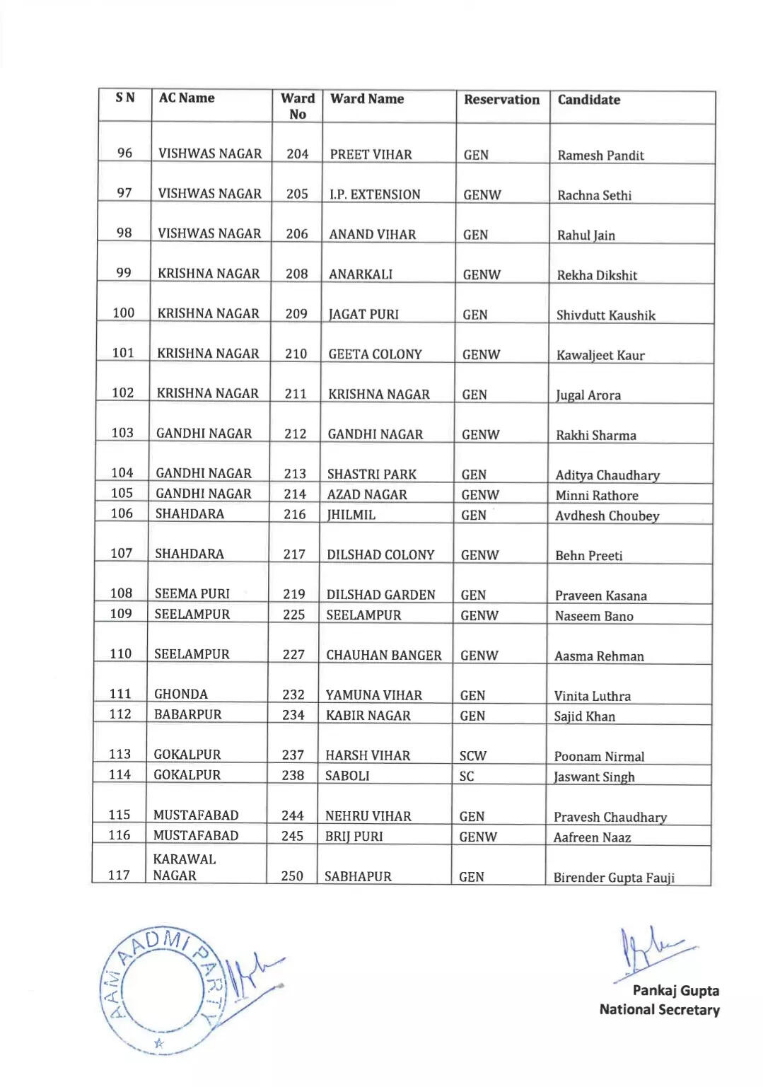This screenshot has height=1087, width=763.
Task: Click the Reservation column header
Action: coord(501,100)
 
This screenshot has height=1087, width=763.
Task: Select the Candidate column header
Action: coord(588,100)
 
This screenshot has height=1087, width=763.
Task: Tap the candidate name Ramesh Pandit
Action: coord(600,156)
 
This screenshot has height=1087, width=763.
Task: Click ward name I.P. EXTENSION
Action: coord(375,194)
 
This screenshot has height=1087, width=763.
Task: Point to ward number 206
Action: coord(297,234)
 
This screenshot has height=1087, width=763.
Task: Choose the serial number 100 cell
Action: coord(123,313)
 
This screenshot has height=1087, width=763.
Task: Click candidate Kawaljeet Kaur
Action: coord(600,355)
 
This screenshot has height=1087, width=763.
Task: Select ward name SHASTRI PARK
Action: coord(371,475)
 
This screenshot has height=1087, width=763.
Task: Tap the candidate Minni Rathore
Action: coord(597,496)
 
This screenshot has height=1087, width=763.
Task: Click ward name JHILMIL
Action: coord(351,515)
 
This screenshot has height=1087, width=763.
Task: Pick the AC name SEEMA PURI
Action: coord(192,594)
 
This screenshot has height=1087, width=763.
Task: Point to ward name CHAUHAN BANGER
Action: coord(383,656)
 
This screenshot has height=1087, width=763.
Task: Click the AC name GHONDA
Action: coord(181,694)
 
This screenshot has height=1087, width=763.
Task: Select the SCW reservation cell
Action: coord(472,756)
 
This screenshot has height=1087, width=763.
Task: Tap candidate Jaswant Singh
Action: coord(594,777)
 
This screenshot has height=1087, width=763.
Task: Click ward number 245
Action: coord(292,836)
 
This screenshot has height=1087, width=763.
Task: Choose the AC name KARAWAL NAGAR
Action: coord(185,867)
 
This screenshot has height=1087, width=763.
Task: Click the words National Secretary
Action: coord(659,1010)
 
